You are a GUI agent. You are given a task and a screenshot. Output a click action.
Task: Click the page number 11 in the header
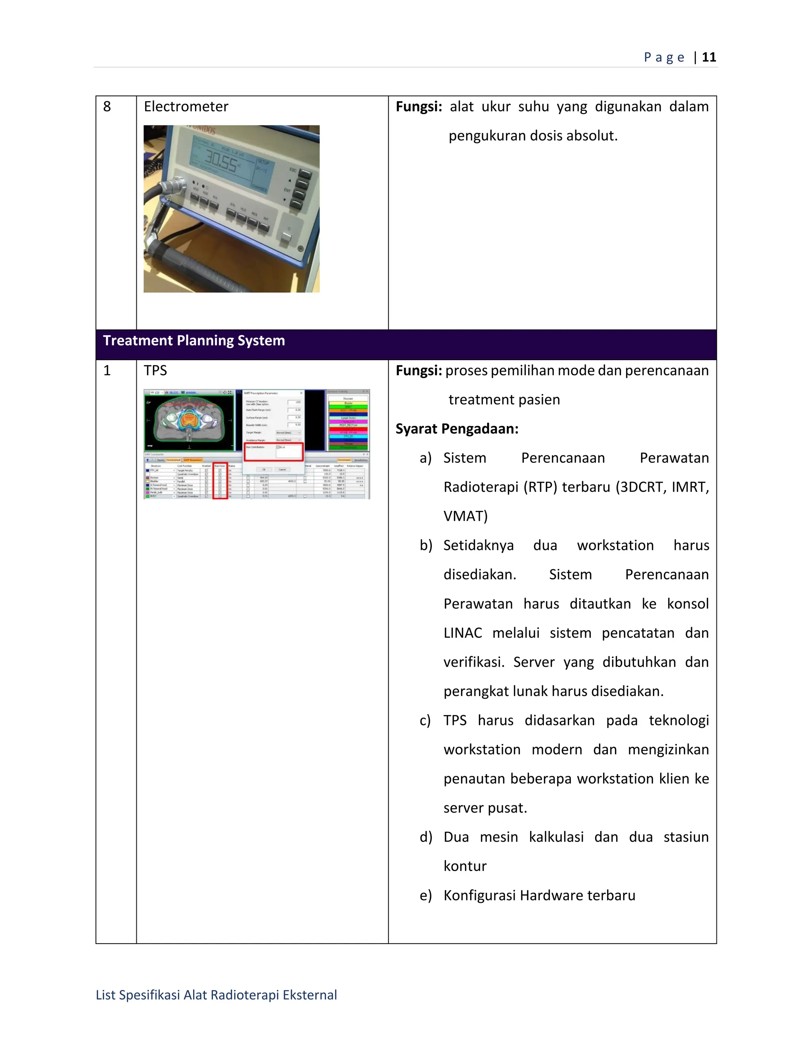point(709,57)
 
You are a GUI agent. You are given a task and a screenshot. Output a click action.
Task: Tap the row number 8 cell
point(107,106)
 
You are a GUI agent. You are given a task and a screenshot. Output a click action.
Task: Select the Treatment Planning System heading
point(194,341)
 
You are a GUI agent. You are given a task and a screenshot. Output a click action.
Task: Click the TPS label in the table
point(155,370)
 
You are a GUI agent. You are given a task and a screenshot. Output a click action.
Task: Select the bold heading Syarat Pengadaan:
point(456,429)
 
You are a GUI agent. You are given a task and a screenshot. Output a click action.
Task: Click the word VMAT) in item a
point(465,516)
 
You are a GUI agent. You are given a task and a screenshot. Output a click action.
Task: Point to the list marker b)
point(426,545)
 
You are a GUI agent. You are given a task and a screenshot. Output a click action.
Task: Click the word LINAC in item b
point(462,633)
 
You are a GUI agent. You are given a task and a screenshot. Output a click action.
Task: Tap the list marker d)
point(426,837)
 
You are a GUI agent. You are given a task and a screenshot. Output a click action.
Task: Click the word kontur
point(465,866)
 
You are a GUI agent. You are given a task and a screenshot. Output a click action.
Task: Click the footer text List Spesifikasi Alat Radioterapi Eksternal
point(216,995)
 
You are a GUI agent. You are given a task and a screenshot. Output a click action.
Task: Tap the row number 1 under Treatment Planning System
point(107,370)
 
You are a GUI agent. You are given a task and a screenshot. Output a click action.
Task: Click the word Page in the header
point(664,57)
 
